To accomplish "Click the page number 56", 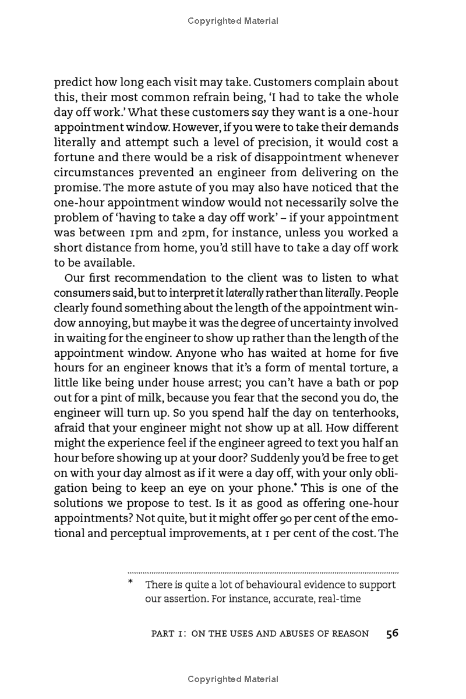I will click(x=392, y=633).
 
